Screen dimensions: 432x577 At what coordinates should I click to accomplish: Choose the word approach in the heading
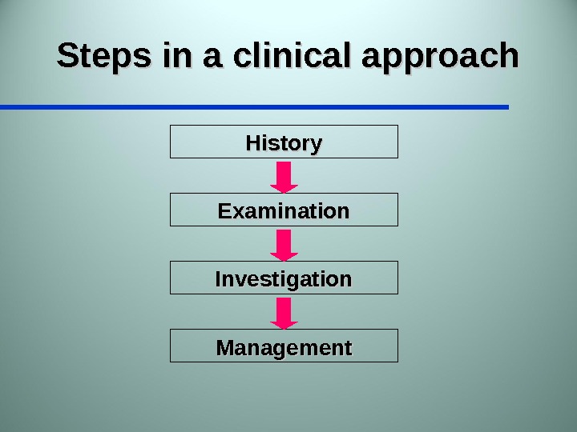coord(440,59)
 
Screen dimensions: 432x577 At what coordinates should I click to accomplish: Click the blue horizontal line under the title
coord(255,106)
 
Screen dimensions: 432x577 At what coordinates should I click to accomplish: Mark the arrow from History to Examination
coord(284,176)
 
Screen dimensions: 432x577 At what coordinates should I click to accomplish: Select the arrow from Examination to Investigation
coord(284,244)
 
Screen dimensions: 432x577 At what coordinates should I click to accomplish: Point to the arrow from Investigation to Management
coord(284,312)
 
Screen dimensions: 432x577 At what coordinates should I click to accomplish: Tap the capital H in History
coord(252,143)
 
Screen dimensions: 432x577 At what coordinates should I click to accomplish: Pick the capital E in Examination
coord(224,211)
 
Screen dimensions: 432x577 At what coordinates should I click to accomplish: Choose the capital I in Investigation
coord(218,279)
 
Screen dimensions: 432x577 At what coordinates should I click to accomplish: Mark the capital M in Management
coord(225,348)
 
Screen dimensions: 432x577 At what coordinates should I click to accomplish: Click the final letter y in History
coord(317,145)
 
